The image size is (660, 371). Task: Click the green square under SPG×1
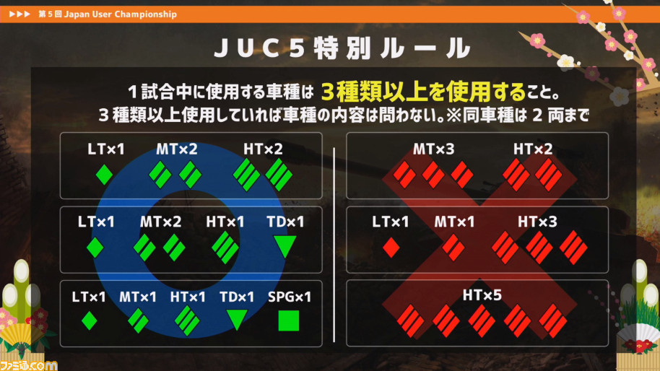pyautogui.click(x=289, y=321)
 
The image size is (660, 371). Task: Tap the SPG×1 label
pyautogui.click(x=290, y=297)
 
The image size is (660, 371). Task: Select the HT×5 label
pyautogui.click(x=482, y=295)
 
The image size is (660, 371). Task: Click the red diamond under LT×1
pyautogui.click(x=391, y=248)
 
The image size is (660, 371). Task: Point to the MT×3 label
pyautogui.click(x=433, y=149)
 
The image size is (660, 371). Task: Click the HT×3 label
pyautogui.click(x=537, y=222)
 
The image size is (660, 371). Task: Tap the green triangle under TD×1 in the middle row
pyautogui.click(x=285, y=246)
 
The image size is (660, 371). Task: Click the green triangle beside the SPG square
pyautogui.click(x=237, y=320)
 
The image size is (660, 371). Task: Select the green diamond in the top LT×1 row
pyautogui.click(x=105, y=174)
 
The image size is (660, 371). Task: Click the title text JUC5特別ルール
pyautogui.click(x=342, y=48)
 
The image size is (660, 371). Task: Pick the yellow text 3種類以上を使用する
pyautogui.click(x=423, y=92)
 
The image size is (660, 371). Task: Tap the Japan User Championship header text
pyautogui.click(x=121, y=14)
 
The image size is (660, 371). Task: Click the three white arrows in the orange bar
pyautogui.click(x=19, y=14)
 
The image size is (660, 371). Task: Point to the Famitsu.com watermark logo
pyautogui.click(x=29, y=365)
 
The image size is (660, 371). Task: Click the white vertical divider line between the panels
pyautogui.click(x=334, y=245)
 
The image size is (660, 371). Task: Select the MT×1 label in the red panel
pyautogui.click(x=454, y=222)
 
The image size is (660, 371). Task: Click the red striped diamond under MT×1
pyautogui.click(x=453, y=248)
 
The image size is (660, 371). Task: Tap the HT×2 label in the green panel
pyautogui.click(x=263, y=149)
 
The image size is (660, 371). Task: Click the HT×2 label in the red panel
pyautogui.click(x=533, y=149)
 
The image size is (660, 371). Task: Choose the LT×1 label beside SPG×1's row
pyautogui.click(x=89, y=297)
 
